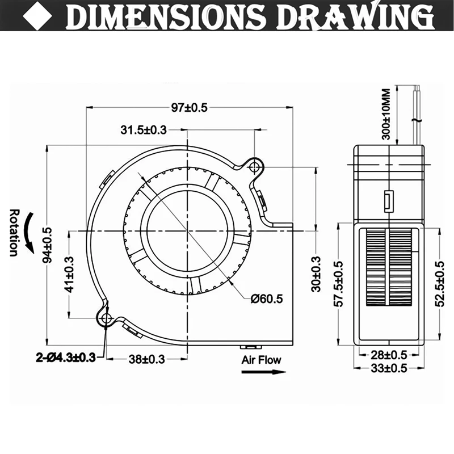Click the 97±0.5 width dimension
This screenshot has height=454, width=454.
coord(190,107)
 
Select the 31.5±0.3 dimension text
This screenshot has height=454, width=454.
coord(144,130)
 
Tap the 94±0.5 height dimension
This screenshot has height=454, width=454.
coord(47,245)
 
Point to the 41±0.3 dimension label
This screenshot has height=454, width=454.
coord(69,275)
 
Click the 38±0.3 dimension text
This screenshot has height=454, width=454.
coord(146,359)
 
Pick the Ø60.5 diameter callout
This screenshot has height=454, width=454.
coord(267,299)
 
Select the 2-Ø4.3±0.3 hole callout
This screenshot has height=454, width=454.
coord(66,358)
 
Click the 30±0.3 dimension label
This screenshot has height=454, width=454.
coord(316,274)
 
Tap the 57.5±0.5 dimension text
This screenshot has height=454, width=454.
coord(338,284)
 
